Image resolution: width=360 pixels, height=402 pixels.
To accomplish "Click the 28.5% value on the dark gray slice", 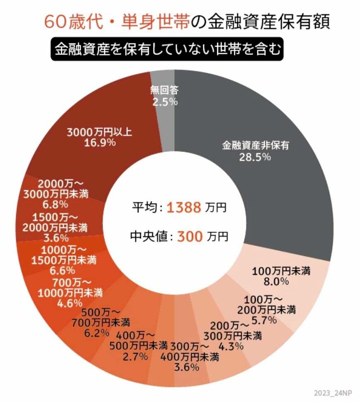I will click(x=255, y=157).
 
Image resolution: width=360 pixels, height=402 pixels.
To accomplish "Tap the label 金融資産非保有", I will click(x=255, y=146).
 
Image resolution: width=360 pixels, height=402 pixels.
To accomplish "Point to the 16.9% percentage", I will click(x=99, y=143).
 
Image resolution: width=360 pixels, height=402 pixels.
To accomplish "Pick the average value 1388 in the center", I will click(x=184, y=207).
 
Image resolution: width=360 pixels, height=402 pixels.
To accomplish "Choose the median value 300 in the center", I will click(x=190, y=237).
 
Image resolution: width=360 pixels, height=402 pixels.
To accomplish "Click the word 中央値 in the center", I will click(x=148, y=237).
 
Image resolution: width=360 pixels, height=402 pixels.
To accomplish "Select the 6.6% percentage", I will click(x=64, y=270).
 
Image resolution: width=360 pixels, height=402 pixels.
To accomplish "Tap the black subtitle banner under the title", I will click(x=167, y=50).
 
